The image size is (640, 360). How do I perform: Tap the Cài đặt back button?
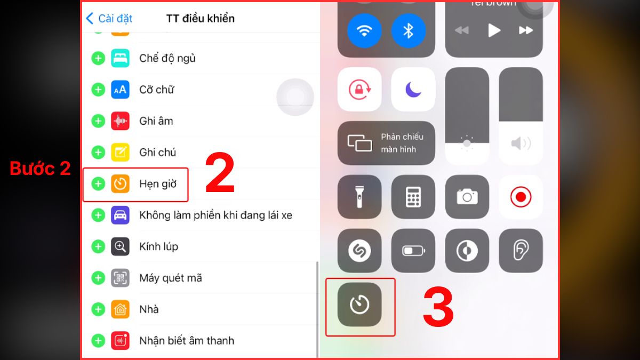(109, 18)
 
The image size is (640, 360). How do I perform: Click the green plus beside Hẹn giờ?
(98, 184)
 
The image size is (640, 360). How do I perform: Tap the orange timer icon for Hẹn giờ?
(120, 184)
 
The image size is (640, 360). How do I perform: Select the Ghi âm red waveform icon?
(120, 121)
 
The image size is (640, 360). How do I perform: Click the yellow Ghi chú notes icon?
(120, 153)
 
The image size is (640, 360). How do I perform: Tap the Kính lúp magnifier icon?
(120, 246)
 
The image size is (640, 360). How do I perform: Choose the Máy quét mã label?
(170, 278)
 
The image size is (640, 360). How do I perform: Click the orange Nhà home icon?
(120, 309)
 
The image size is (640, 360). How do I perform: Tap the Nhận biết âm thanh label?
(186, 340)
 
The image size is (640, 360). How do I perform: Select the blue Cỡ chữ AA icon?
(120, 90)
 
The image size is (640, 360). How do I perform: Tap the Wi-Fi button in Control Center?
(364, 30)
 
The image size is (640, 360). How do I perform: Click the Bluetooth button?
(408, 30)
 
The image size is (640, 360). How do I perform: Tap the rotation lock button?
(359, 90)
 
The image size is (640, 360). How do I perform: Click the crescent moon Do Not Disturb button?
(413, 90)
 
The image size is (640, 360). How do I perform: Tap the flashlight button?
(359, 197)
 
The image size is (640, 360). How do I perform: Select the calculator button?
(413, 197)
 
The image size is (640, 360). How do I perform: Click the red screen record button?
(521, 197)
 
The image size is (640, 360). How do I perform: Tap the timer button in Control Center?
(359, 304)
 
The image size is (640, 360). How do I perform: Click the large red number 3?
(438, 309)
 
